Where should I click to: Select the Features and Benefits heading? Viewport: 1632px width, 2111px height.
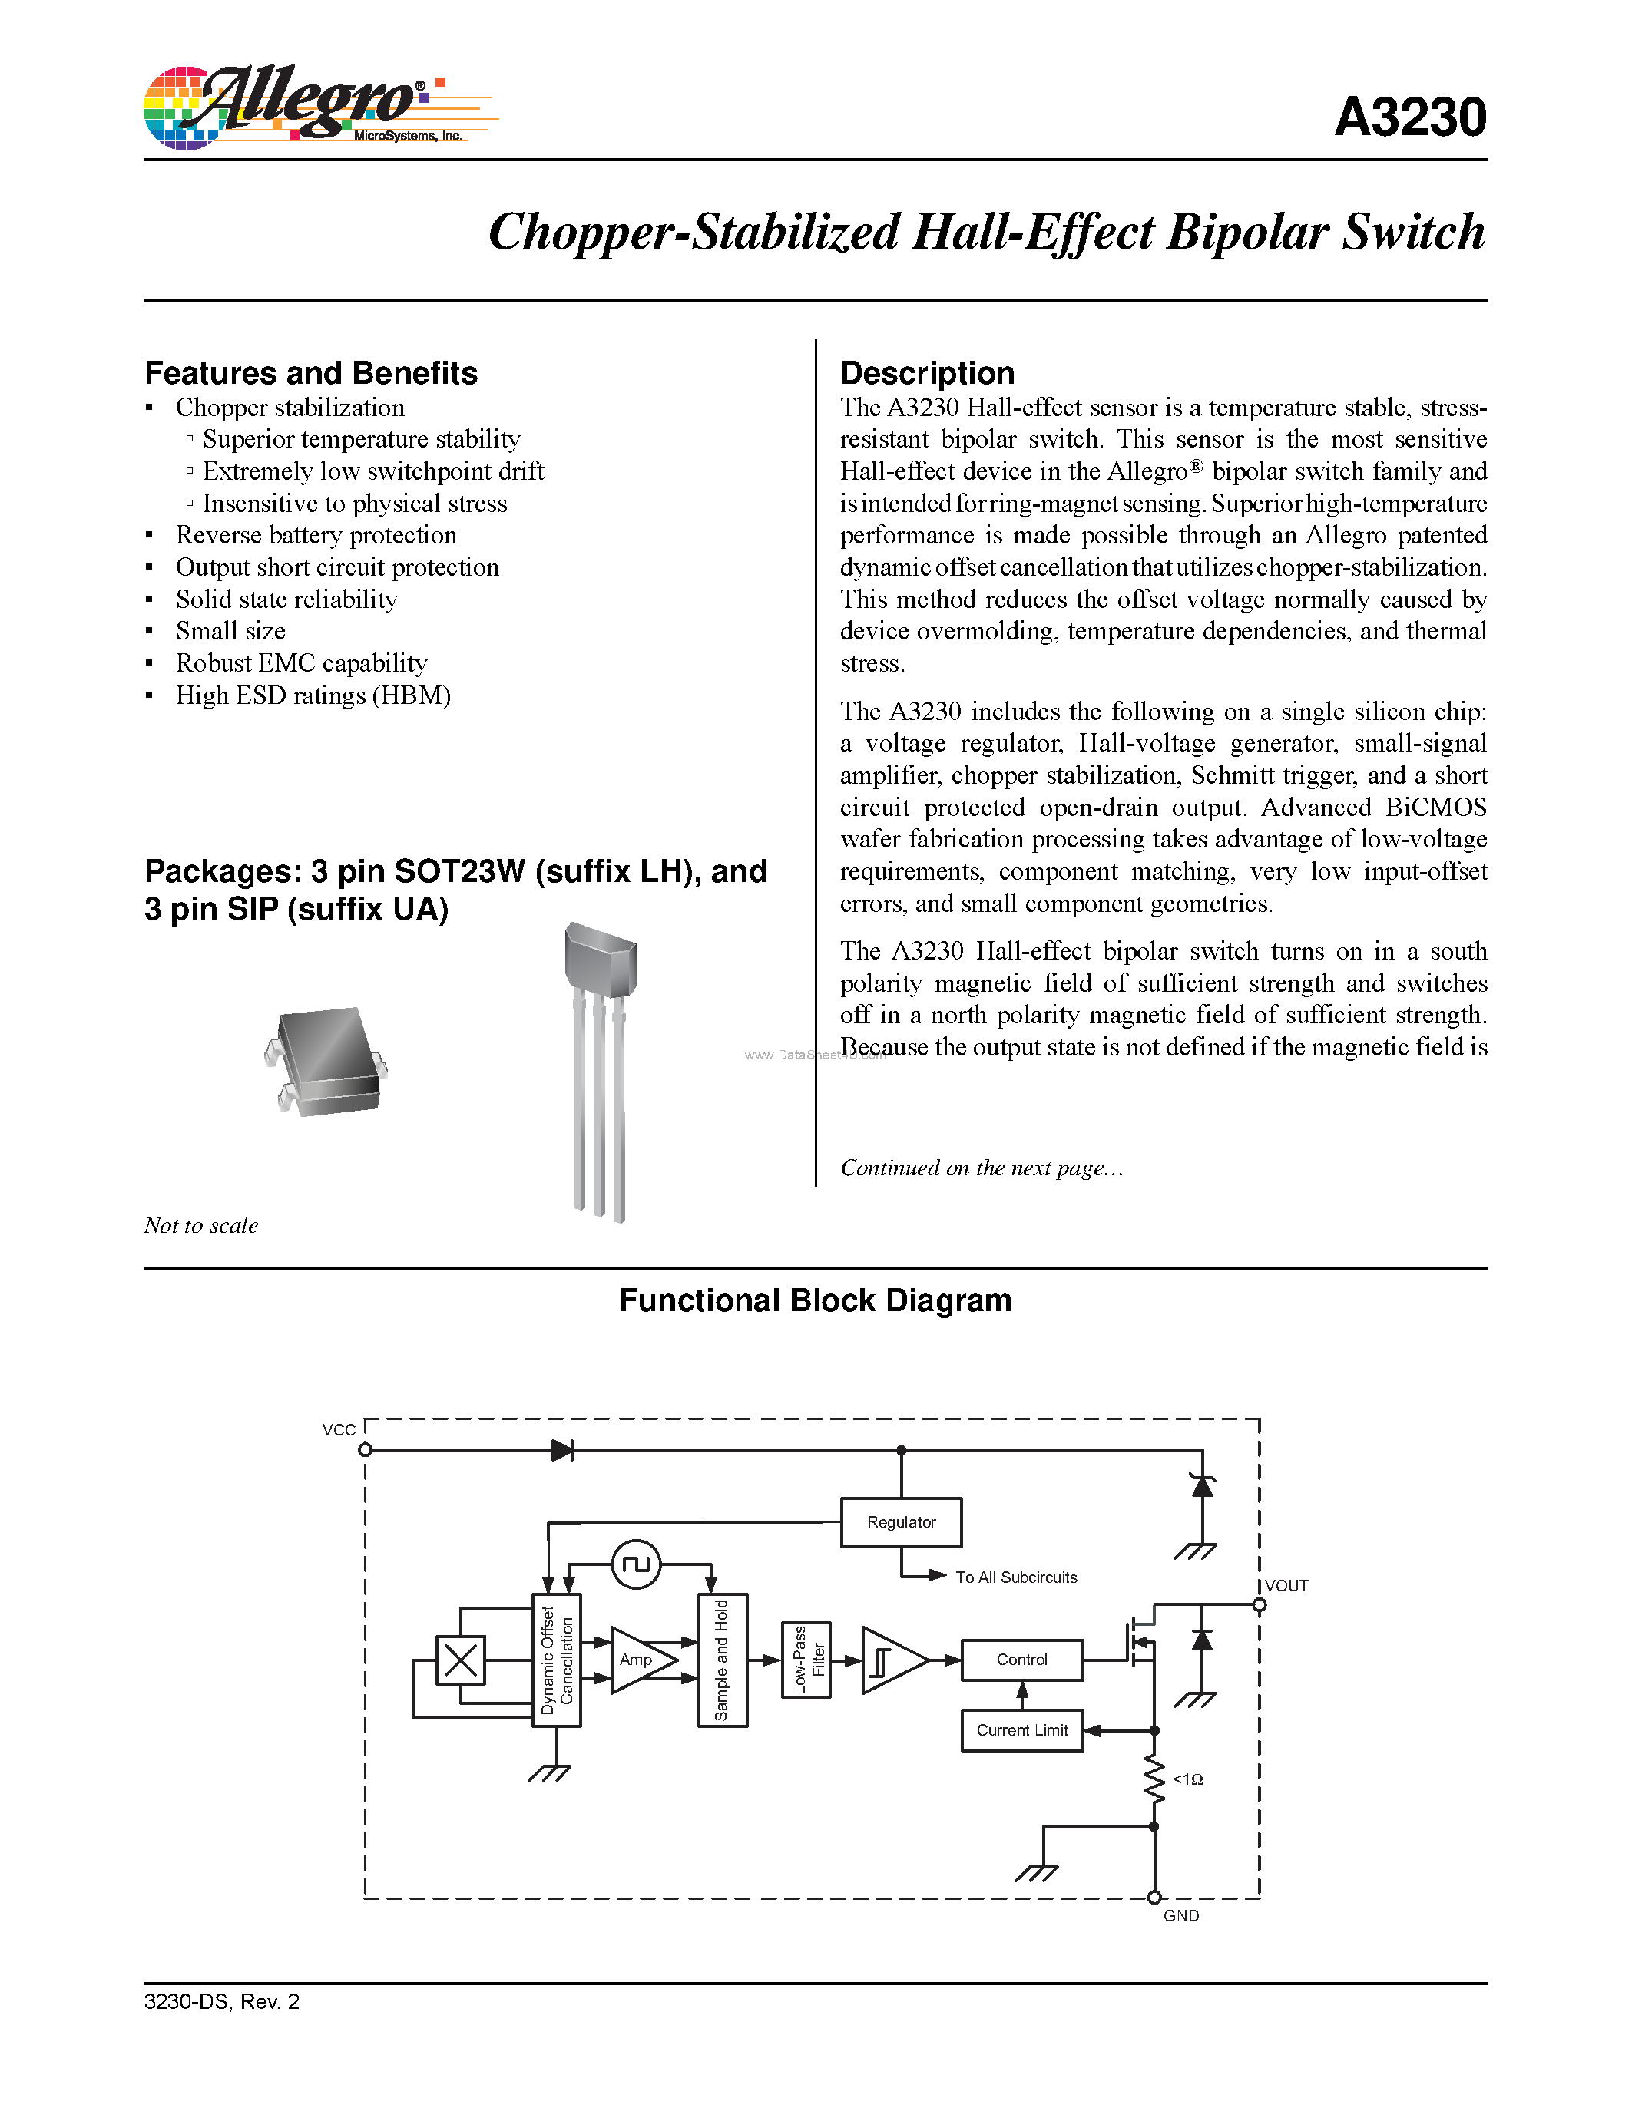tap(310, 373)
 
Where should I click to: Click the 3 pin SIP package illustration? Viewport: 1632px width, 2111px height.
tap(601, 1063)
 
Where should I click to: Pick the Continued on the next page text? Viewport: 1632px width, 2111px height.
tap(981, 1168)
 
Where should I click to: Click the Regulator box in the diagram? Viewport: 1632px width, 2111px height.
tap(900, 1522)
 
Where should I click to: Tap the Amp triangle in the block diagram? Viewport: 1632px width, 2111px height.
tap(639, 1660)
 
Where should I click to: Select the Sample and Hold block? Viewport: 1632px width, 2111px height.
tap(721, 1660)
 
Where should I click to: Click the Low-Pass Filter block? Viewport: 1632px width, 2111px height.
tap(806, 1660)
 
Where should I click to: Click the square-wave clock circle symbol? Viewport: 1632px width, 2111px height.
tap(636, 1564)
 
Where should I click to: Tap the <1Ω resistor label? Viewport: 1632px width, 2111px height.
tap(1187, 1779)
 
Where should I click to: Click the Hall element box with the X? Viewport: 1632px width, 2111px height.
tap(460, 1660)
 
